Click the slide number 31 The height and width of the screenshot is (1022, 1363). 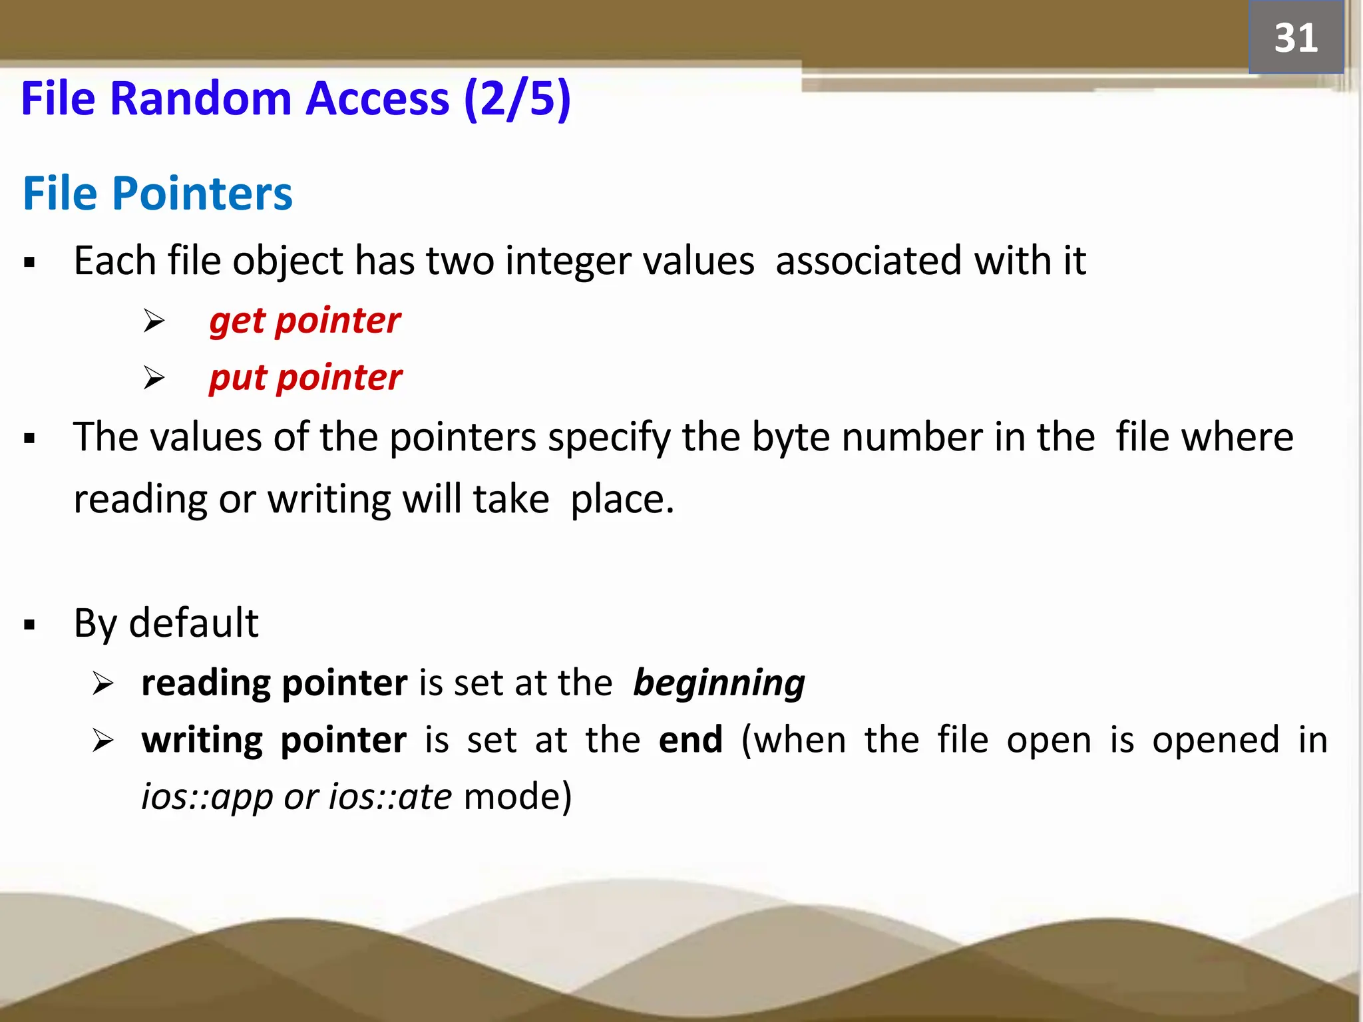[1295, 38]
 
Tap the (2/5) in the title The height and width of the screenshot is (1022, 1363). [517, 98]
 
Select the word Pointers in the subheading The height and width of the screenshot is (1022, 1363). [202, 194]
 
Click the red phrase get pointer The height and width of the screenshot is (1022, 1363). [305, 321]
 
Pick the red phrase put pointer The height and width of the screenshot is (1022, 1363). [305, 377]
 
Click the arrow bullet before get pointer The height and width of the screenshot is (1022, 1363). [154, 321]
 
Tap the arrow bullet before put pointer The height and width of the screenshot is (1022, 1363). [154, 378]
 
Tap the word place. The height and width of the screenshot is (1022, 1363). [622, 499]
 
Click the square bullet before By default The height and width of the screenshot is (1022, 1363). [29, 625]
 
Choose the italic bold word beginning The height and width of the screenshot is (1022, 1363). [719, 683]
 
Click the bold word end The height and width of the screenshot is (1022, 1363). [690, 740]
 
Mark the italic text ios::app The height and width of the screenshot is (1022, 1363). [207, 796]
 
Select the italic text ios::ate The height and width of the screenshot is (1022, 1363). [391, 796]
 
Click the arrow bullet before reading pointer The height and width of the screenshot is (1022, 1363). [103, 683]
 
